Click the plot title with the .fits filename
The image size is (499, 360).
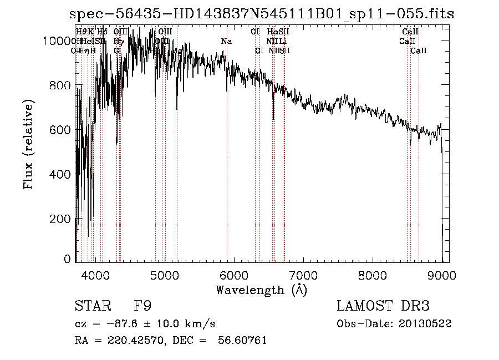coord(261,14)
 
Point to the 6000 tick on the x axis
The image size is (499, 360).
coord(234,274)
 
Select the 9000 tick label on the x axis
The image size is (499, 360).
coord(442,274)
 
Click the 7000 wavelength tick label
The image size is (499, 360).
coord(303,274)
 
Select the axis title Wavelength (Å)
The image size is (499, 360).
coord(261,290)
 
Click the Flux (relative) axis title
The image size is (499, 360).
coord(28,144)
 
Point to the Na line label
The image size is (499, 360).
coord(226,42)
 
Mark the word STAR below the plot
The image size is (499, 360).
coord(92,306)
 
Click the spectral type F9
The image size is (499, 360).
coord(142,306)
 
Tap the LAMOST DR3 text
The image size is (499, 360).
coord(383,306)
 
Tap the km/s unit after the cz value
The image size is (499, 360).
coord(202,323)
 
